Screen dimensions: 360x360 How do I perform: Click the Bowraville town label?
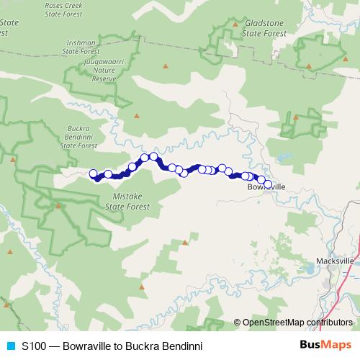click(266, 187)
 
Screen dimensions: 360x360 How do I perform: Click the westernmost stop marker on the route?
click(93, 174)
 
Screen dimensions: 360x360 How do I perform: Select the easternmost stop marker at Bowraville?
click(268, 184)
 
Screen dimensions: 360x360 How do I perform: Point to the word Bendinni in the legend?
click(181, 346)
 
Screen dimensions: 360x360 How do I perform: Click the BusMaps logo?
click(326, 345)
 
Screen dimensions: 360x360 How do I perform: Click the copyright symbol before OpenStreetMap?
click(238, 323)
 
